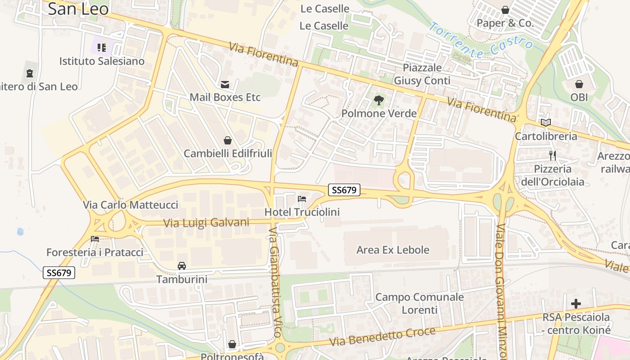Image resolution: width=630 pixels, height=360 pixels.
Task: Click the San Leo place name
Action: [x=78, y=9]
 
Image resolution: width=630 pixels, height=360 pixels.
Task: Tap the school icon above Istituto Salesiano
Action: [x=102, y=47]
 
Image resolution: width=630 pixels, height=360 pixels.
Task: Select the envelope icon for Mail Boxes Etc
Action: [x=225, y=84]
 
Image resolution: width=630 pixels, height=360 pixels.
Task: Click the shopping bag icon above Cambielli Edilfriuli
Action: [x=228, y=140]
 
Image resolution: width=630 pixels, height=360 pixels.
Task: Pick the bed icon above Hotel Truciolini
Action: [x=301, y=198]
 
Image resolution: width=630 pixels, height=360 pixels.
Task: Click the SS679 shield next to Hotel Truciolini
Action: [x=344, y=190]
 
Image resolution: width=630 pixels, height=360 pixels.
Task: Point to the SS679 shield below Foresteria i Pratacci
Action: [x=59, y=273]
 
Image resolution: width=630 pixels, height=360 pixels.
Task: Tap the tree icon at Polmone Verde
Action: [x=379, y=100]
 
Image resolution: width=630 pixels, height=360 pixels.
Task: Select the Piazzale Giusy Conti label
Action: [x=422, y=74]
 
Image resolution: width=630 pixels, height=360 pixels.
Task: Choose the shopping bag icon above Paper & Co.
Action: [x=505, y=10]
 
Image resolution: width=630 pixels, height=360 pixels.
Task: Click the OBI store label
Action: [x=579, y=97]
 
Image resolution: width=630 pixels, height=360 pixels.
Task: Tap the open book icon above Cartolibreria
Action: [x=546, y=122]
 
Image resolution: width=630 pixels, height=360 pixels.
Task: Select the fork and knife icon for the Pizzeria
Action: [x=553, y=156]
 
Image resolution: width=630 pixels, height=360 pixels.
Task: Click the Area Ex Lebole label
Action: [x=393, y=250]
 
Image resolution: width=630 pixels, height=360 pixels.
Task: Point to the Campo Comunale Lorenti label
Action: [x=419, y=303]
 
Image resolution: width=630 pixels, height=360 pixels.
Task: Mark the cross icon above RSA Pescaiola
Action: [x=576, y=304]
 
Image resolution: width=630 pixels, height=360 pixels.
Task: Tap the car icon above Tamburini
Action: [x=182, y=266]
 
